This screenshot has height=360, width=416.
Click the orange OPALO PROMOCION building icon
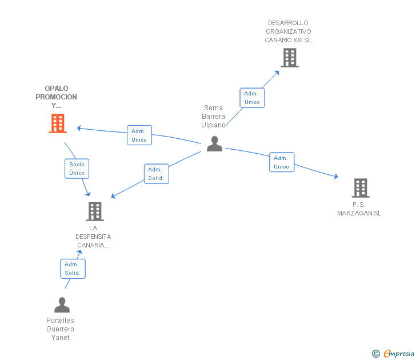point(58,123)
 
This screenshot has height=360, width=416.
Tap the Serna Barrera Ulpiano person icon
point(214,143)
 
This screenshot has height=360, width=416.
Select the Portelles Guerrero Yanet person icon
point(62,305)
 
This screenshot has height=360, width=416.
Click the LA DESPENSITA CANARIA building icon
point(95,211)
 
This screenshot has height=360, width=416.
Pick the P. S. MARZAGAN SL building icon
point(360,187)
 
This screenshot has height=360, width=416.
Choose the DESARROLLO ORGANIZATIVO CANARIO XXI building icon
point(290,57)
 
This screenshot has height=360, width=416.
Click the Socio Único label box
point(77,169)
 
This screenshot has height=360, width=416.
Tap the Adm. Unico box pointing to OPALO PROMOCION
point(139,135)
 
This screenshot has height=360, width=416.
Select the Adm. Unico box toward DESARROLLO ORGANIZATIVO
point(251,98)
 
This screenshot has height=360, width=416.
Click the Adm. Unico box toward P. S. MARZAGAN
point(281,162)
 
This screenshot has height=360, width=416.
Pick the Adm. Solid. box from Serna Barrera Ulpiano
point(155,174)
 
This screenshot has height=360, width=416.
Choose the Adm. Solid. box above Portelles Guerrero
point(73,269)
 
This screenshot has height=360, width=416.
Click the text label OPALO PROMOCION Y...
point(56,97)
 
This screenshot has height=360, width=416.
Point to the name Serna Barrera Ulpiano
point(214,117)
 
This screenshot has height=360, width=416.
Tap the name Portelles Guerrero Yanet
point(60,329)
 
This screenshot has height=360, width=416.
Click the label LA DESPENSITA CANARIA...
point(93,237)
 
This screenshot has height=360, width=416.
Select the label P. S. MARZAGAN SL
point(359,209)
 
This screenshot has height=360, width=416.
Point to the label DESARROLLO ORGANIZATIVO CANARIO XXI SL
point(288,32)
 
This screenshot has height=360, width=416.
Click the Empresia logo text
point(399,353)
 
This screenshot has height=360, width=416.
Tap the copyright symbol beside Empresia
point(375,354)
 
